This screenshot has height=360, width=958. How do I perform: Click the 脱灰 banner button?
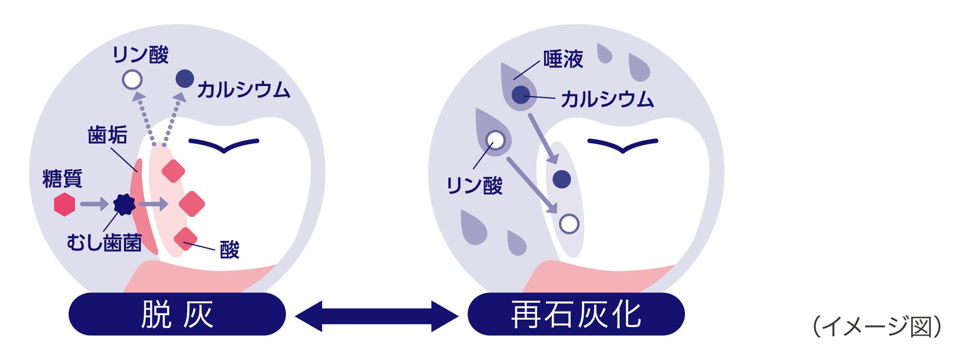177,314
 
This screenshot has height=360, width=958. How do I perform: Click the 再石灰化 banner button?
576,314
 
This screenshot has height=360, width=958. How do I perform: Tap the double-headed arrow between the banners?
376,316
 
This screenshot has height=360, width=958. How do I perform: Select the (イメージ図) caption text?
876,327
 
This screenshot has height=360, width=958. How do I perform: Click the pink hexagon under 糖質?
64,204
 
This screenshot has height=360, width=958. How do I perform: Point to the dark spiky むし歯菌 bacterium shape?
124,204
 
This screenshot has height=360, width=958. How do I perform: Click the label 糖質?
62,179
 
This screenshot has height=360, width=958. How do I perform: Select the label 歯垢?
108,135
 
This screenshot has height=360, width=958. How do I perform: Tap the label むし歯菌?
104,243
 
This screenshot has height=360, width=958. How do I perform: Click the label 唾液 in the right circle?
563,59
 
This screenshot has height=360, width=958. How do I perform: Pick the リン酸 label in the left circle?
141,55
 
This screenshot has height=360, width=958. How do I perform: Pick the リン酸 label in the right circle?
474,186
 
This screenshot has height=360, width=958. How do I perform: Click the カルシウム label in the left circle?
244,90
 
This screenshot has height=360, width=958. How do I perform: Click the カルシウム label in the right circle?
607,100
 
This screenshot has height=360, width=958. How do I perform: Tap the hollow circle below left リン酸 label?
132,80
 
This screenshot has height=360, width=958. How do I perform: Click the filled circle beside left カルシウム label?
185,79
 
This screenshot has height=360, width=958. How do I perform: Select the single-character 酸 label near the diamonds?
229,250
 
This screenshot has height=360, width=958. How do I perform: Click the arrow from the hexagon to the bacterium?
94,204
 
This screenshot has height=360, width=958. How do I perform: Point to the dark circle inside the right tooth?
562,179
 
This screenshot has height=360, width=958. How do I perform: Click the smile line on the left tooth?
224,145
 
